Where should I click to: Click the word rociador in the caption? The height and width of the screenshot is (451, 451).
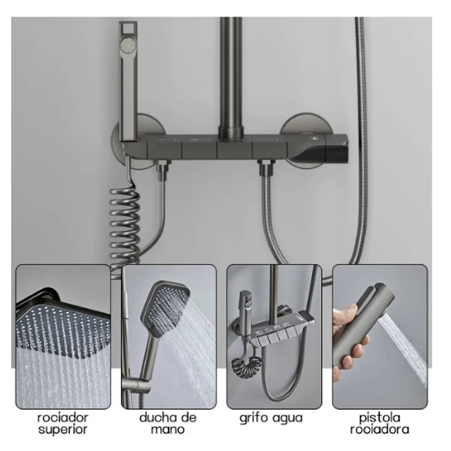(x=63, y=417)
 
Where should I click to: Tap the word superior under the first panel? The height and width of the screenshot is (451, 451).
(x=63, y=430)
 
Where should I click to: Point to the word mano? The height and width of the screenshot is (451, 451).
(x=168, y=430)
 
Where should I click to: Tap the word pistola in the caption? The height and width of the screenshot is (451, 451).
(x=379, y=418)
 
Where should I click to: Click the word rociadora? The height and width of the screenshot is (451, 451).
(x=379, y=429)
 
